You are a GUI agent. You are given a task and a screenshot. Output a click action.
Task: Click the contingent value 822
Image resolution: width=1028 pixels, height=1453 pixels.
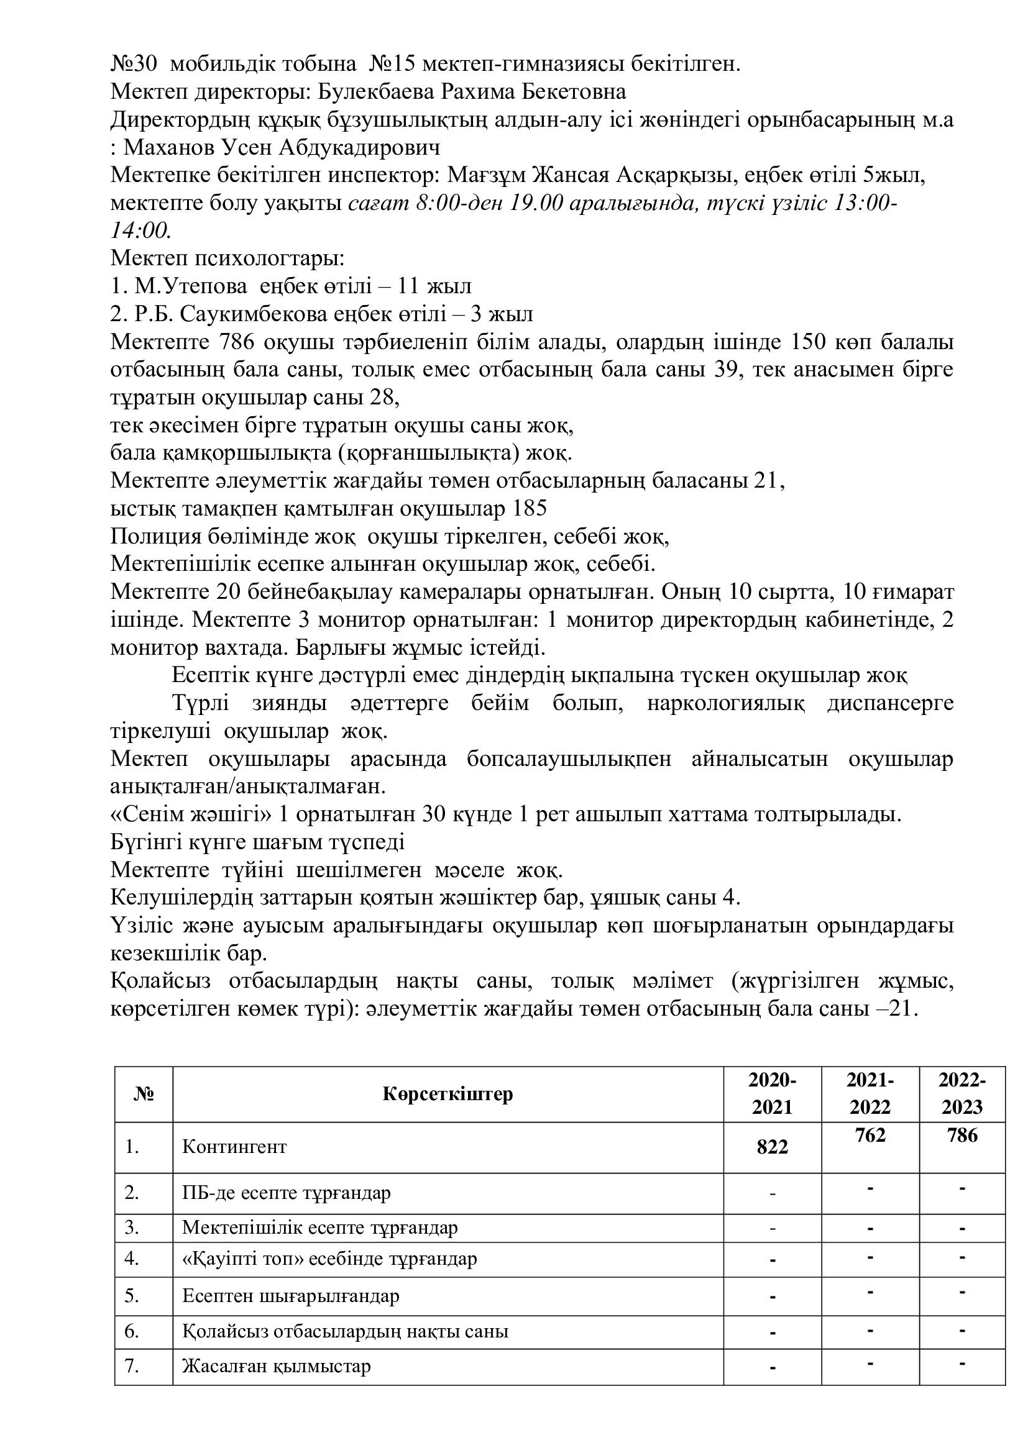tap(772, 1147)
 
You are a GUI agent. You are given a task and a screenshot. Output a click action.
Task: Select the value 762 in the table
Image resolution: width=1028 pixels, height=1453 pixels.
tap(870, 1135)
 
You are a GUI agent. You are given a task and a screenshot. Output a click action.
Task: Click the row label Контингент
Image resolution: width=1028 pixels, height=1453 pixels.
tap(234, 1147)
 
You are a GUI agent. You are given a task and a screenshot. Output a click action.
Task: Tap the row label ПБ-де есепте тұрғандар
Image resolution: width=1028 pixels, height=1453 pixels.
tap(286, 1193)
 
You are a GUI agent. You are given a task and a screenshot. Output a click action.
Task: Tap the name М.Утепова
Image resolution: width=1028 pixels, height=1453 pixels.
tap(191, 286)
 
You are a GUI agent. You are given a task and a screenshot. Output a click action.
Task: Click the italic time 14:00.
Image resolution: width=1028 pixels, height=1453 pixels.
tap(140, 230)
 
